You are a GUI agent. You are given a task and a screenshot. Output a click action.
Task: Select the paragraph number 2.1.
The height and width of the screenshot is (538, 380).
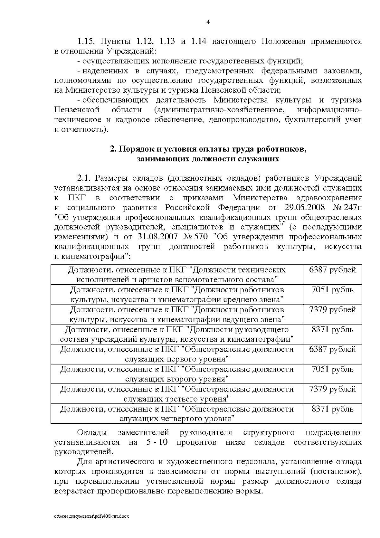tap(84, 178)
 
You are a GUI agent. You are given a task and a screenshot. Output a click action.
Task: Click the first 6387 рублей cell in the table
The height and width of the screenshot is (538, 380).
tap(332, 270)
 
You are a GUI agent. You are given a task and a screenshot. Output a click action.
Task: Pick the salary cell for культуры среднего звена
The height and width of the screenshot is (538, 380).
tap(332, 290)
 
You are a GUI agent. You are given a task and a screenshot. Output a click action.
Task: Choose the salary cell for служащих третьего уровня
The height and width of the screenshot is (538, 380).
tap(332, 389)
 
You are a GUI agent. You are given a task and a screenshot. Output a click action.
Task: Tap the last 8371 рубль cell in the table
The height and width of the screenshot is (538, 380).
tap(332, 409)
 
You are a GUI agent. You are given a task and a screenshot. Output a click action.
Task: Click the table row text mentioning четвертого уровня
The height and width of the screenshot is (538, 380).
tap(177, 414)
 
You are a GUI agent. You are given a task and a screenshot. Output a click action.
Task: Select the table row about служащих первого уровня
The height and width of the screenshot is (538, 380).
tap(177, 354)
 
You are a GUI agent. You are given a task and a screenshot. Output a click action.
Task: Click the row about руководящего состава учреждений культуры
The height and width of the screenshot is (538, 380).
tap(177, 334)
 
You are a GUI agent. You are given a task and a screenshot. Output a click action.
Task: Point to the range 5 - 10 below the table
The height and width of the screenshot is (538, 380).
tap(157, 442)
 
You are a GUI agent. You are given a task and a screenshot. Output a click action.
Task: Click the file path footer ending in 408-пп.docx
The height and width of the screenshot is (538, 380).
tap(92, 516)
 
